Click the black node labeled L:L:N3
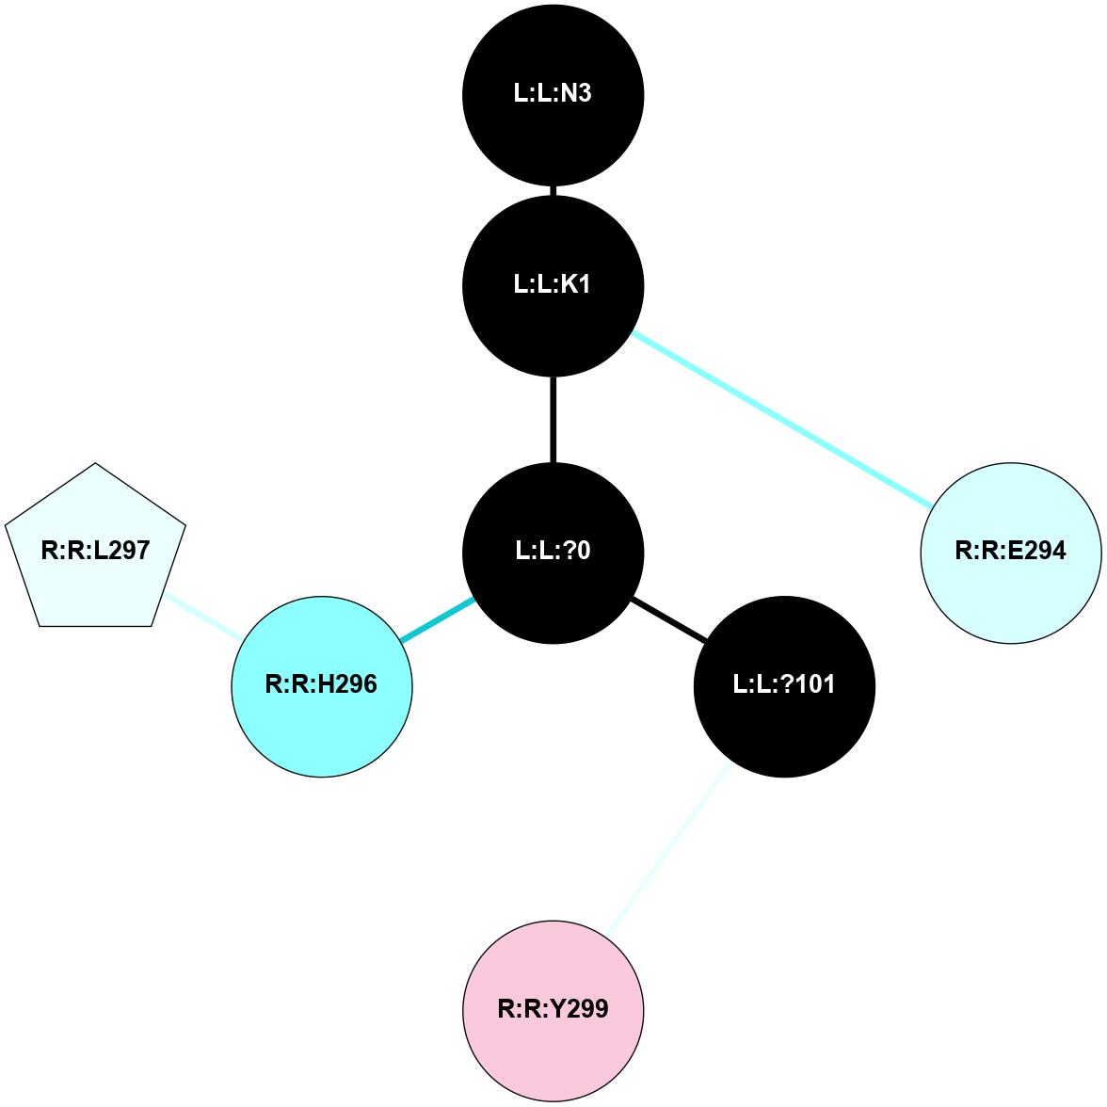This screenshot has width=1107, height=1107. (x=553, y=94)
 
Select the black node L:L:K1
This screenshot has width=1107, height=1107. (x=553, y=285)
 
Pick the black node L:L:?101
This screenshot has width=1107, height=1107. (x=784, y=686)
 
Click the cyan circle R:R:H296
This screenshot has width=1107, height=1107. (x=322, y=686)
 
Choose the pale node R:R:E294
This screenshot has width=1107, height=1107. (x=1011, y=553)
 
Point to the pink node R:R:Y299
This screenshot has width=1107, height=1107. (x=553, y=1010)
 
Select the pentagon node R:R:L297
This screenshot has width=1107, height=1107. (x=95, y=550)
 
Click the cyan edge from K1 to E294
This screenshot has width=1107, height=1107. (x=781, y=419)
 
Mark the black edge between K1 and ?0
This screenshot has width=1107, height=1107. (x=553, y=419)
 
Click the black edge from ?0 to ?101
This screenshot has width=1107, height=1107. (x=668, y=619)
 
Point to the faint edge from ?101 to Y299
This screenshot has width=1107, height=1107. (x=668, y=849)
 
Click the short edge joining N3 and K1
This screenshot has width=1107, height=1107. (x=553, y=190)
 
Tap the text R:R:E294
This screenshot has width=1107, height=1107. (x=1011, y=551)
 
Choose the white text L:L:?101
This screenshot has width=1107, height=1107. (x=784, y=684)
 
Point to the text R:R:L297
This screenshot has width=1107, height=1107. (x=95, y=551)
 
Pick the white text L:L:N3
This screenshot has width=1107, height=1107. (x=553, y=94)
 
